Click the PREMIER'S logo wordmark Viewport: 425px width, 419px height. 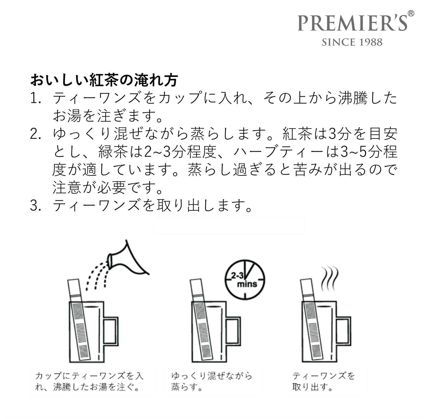coord(352,23)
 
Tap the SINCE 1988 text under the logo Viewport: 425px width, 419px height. coord(352,42)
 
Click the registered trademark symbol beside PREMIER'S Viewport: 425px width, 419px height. coord(411,13)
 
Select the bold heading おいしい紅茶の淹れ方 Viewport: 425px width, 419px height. coord(104,80)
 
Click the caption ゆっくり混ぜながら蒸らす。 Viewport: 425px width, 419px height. coord(211,381)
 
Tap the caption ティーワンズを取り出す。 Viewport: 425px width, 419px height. coord(323,381)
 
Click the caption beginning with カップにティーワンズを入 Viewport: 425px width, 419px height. coord(89,381)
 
